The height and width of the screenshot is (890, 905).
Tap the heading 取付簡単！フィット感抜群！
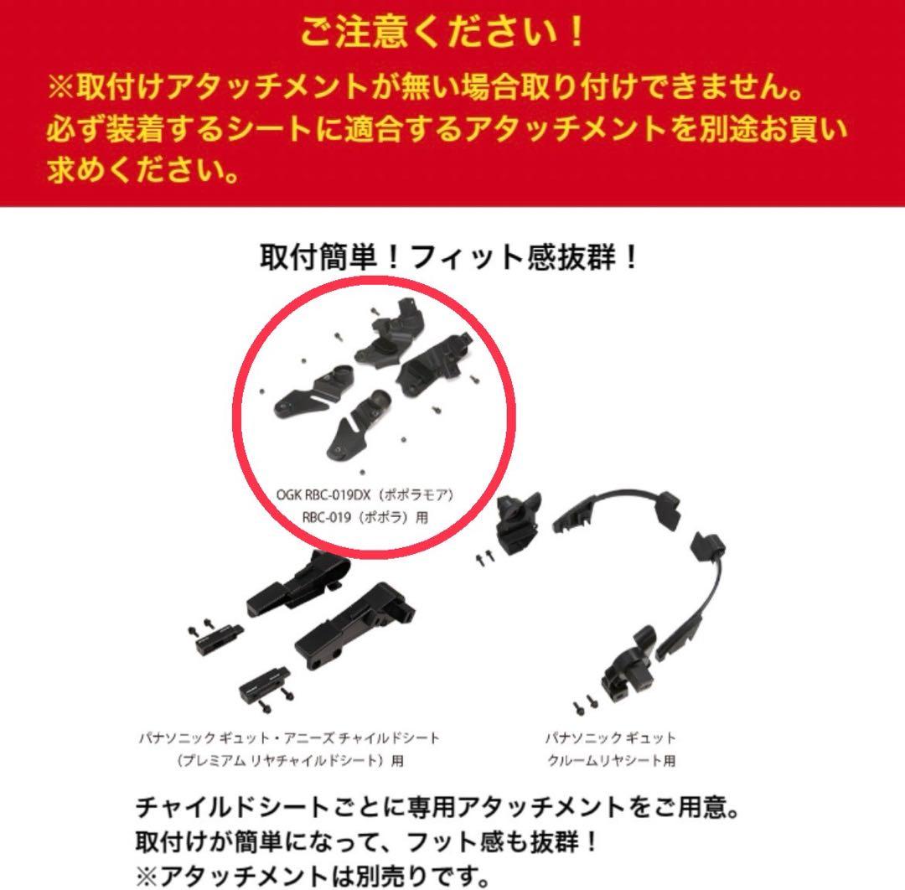[x=452, y=256]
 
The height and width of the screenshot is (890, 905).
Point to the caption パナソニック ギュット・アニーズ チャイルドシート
[x=289, y=738]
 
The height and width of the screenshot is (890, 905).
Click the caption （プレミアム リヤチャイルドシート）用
[x=289, y=761]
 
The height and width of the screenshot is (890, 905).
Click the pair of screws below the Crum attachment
[x=582, y=705]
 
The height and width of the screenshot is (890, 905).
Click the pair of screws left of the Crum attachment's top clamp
[x=484, y=556]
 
